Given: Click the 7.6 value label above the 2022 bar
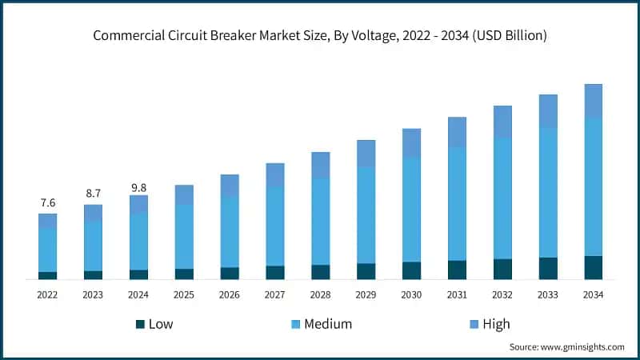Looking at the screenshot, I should (47, 202).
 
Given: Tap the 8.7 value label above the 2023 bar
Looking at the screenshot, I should (93, 194).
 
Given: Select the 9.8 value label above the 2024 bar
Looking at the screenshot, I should (138, 187).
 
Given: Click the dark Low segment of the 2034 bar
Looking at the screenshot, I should (593, 267).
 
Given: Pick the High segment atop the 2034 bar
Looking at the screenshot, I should (593, 101).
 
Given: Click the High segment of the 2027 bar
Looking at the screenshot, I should (275, 175).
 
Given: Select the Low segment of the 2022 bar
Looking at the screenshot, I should (47, 275).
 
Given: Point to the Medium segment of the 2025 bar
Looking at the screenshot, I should (184, 236).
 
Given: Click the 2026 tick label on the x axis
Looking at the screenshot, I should (230, 295).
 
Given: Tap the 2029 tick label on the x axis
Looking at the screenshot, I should (366, 295).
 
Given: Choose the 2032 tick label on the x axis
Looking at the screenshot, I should (502, 295).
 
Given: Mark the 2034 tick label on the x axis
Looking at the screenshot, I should (593, 295).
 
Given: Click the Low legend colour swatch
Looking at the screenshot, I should (140, 324).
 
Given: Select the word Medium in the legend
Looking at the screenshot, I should (326, 324).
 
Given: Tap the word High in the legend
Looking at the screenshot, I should (496, 324).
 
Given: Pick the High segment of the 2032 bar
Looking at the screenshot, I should (502, 122).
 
